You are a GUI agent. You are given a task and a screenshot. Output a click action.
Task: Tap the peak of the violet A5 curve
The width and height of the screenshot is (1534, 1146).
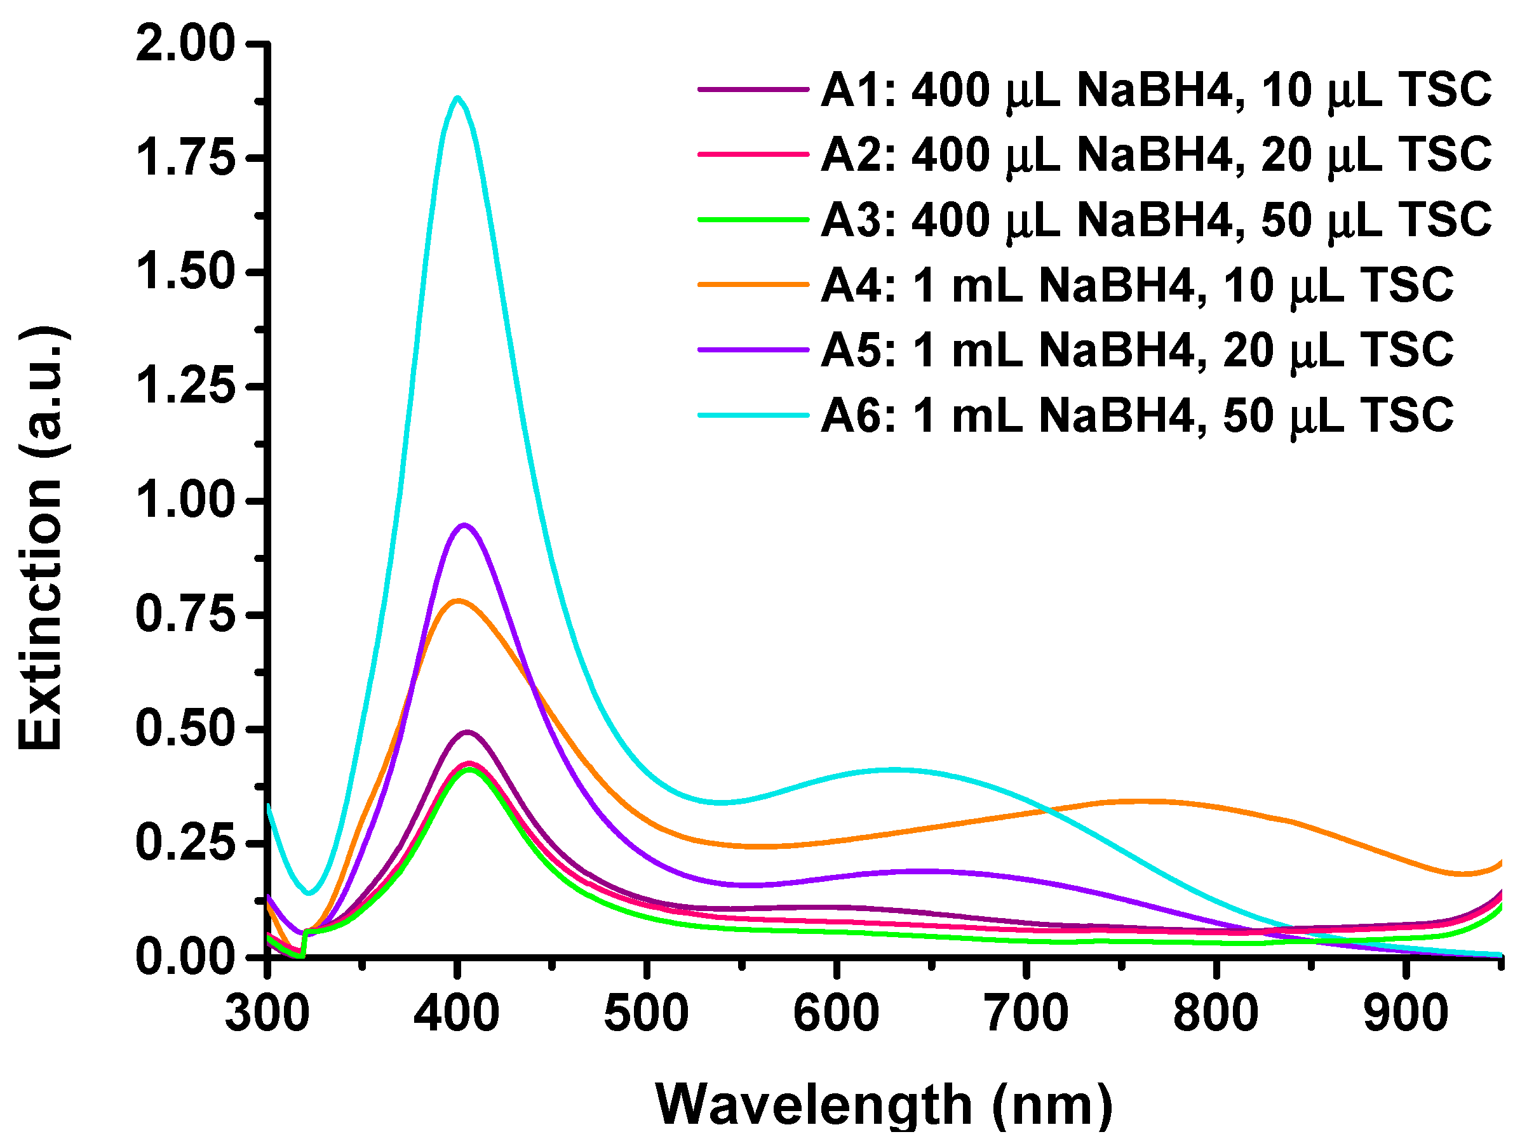[464, 525]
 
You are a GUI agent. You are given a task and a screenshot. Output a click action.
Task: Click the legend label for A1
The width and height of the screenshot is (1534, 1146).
[1155, 90]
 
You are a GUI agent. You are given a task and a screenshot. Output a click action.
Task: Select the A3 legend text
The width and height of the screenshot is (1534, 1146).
[1155, 220]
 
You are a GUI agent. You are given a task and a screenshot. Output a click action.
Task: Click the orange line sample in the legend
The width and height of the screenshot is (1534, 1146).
[753, 284]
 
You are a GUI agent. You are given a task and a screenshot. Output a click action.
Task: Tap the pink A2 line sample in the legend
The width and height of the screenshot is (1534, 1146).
[753, 154]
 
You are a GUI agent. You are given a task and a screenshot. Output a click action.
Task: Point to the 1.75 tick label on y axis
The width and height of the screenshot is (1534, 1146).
[185, 157]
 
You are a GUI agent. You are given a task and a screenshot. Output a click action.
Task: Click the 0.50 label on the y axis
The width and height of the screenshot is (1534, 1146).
[185, 729]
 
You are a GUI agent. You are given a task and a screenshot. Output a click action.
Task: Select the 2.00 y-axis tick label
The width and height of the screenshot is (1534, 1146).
[185, 44]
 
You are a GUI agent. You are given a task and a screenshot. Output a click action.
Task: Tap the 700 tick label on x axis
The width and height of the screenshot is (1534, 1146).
[1026, 1013]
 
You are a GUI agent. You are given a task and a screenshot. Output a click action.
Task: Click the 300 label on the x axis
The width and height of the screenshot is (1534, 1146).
[267, 1013]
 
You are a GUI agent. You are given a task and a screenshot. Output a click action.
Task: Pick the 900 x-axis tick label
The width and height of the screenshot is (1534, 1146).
[1406, 1013]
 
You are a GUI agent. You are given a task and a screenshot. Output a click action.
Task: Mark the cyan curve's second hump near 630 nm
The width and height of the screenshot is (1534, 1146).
[894, 770]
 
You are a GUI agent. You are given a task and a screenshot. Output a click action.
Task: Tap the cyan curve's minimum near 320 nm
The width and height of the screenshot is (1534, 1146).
[310, 892]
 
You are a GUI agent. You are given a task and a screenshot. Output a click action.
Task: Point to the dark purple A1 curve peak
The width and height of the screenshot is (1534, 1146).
[468, 731]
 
